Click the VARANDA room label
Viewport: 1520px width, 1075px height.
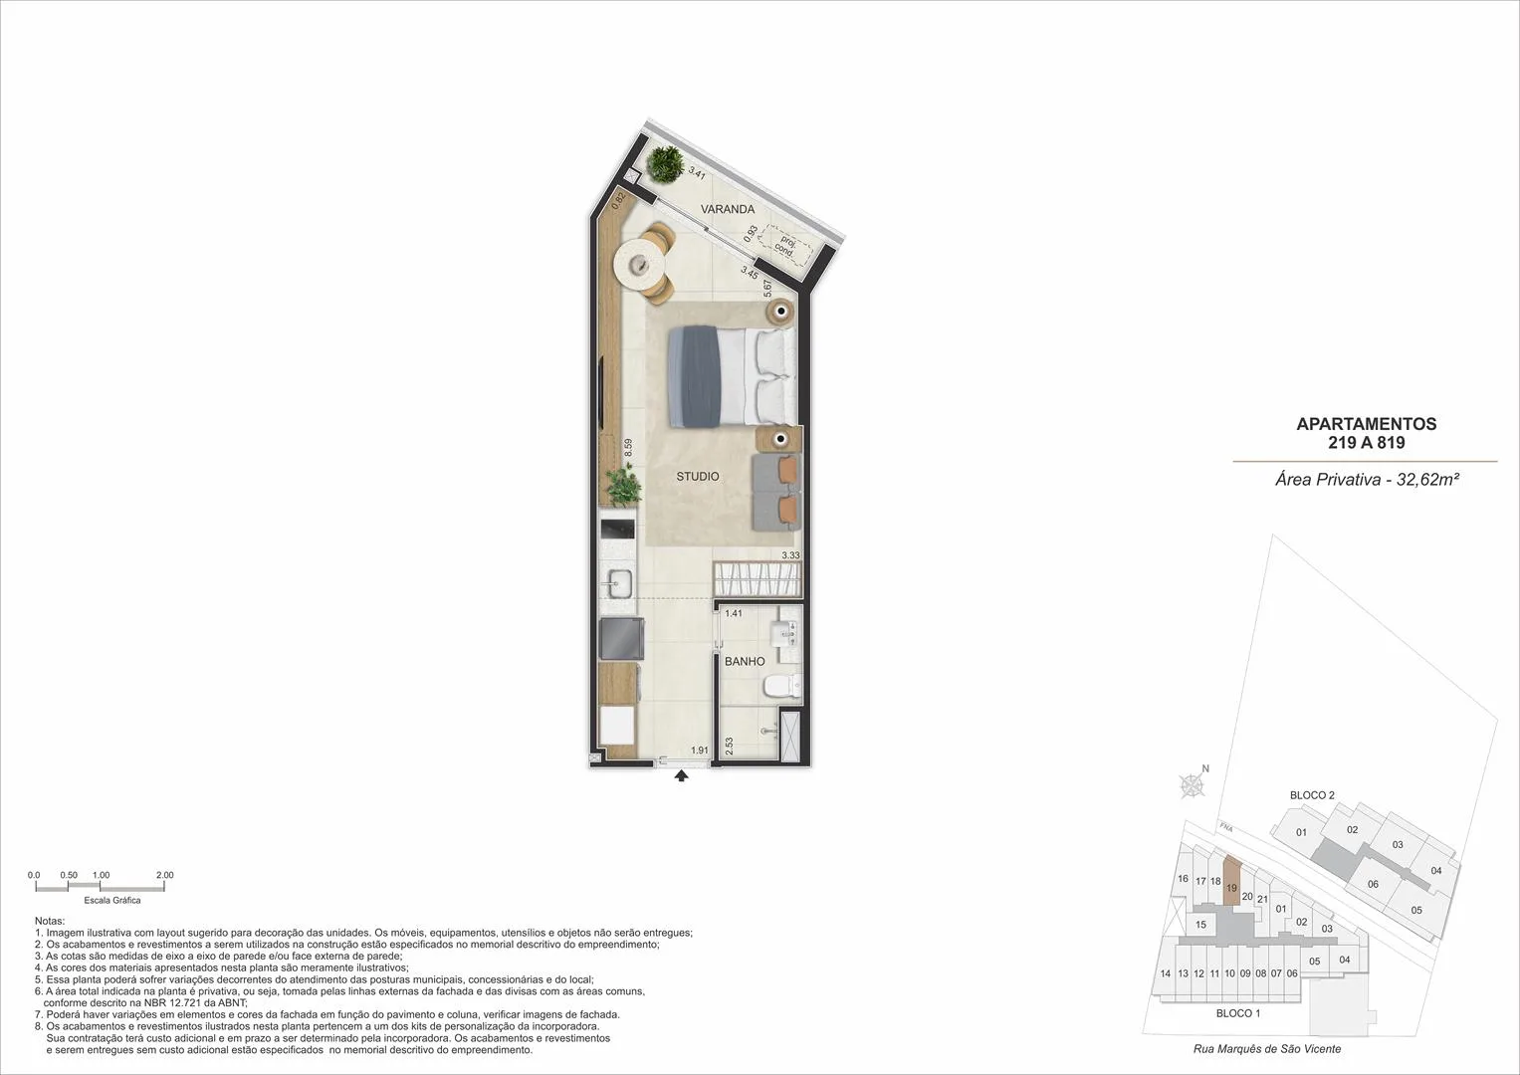click(728, 209)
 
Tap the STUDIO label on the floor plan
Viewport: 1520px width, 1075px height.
click(698, 477)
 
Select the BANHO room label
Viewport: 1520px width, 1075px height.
click(745, 661)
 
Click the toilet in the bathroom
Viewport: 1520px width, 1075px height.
click(781, 686)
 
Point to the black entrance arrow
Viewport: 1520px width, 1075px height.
click(681, 775)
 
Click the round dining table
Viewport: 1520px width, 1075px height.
click(641, 265)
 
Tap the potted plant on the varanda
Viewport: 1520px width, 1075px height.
click(664, 164)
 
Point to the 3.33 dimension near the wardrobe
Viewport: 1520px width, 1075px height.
click(790, 555)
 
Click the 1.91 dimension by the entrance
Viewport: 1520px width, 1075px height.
click(700, 750)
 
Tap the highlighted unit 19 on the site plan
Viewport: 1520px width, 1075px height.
click(1231, 881)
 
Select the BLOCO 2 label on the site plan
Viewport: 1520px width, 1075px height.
click(1312, 795)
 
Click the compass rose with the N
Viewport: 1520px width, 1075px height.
click(1193, 785)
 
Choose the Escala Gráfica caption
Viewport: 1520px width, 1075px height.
click(111, 901)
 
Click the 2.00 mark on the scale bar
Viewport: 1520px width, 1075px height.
click(165, 876)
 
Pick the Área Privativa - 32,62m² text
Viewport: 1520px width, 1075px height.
click(1368, 480)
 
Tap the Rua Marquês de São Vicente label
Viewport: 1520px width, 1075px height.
click(1267, 1049)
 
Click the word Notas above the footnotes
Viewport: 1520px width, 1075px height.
click(50, 921)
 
